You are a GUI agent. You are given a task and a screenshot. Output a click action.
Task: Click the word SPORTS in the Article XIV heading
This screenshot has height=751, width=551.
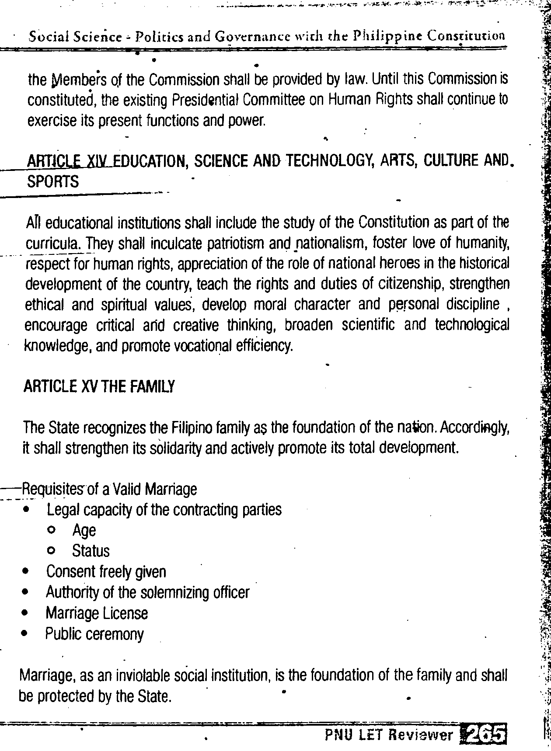pos(53,181)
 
